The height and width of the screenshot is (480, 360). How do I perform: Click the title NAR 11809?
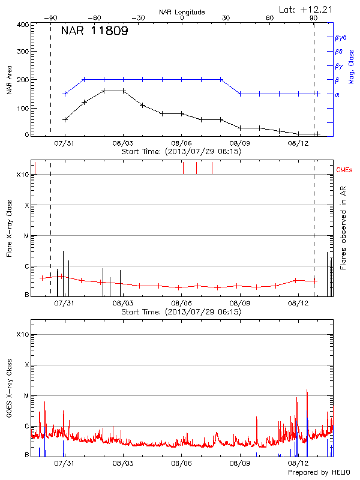(x=94, y=31)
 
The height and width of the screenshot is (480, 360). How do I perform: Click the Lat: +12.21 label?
(x=305, y=8)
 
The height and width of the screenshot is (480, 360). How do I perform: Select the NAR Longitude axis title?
(x=182, y=12)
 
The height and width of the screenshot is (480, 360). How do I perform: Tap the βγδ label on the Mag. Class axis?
(x=341, y=37)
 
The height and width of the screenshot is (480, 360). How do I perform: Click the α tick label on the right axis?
(x=337, y=94)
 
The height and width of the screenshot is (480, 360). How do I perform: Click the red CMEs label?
(x=344, y=170)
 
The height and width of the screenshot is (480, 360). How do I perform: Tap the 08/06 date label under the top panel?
(x=182, y=143)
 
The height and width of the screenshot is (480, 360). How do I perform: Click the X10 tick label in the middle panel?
(x=23, y=175)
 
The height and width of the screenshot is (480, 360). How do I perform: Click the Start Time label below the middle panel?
(x=181, y=312)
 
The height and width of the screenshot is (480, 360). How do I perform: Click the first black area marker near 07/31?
(x=65, y=119)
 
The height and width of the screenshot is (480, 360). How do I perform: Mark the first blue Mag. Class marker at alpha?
(x=65, y=94)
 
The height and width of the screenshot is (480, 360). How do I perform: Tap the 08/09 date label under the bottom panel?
(x=240, y=463)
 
